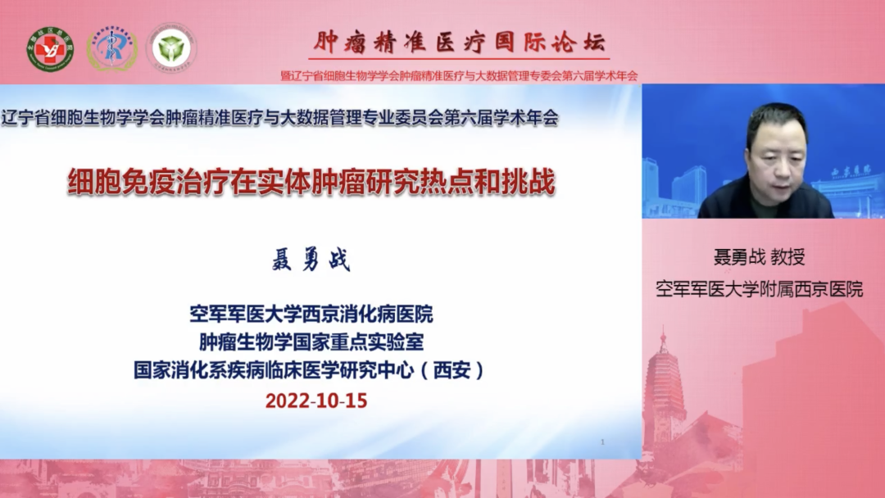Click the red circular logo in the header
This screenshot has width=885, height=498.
click(x=50, y=48)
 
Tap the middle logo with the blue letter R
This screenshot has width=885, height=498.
click(x=111, y=48)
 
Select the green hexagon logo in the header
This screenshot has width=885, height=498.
click(x=171, y=48)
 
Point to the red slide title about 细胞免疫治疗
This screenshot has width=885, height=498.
click(x=311, y=182)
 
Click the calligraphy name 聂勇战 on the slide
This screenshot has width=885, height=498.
click(x=311, y=261)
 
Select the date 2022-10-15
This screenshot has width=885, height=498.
click(x=316, y=401)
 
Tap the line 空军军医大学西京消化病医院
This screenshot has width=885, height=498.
click(x=311, y=314)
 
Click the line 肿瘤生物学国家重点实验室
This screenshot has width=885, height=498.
click(x=311, y=342)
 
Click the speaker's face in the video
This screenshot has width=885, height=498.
click(x=775, y=152)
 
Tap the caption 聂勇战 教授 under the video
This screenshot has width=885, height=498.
click(x=759, y=257)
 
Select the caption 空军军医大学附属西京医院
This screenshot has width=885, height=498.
click(x=759, y=288)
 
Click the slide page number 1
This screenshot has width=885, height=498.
click(x=603, y=442)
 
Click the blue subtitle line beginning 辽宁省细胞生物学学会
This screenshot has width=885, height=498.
click(x=280, y=117)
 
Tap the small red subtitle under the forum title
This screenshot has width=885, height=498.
click(x=459, y=75)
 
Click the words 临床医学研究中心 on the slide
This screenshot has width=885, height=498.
click(x=344, y=370)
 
